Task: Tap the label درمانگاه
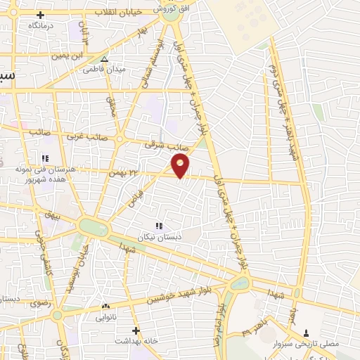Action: coord(42,25)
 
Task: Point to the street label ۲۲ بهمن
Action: coord(121,172)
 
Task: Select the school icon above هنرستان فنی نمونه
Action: coord(45,157)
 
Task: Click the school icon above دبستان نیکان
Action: coord(160,226)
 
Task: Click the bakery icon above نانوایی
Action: coord(106,307)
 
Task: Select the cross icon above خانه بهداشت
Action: coord(136,330)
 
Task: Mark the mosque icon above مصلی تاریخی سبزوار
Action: coord(306,333)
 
